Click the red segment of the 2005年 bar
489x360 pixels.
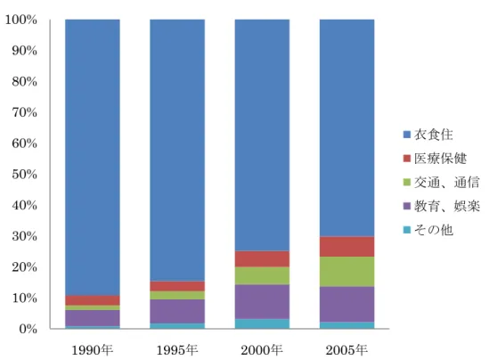click(346, 247)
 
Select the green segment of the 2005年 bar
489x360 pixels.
click(346, 272)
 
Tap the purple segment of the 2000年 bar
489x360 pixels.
click(262, 302)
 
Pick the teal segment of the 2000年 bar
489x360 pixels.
click(262, 323)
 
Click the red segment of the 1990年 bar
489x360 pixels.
click(93, 300)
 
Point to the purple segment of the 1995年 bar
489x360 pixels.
click(177, 311)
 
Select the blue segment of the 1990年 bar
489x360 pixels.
click(93, 158)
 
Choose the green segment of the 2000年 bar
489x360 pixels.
click(262, 275)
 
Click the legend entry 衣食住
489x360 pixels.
click(428, 135)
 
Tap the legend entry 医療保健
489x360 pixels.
click(435, 159)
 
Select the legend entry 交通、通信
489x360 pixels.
click(441, 182)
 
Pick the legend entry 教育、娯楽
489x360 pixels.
click(441, 206)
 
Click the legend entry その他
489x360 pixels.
click(428, 230)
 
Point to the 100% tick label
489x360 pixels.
click(20, 20)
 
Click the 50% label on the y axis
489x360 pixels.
click(24, 174)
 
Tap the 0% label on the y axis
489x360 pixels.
click(28, 329)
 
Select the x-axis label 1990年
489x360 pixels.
click(93, 350)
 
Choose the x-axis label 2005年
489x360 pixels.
click(346, 350)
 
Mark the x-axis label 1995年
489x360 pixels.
click(177, 350)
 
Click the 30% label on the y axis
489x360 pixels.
click(24, 236)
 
